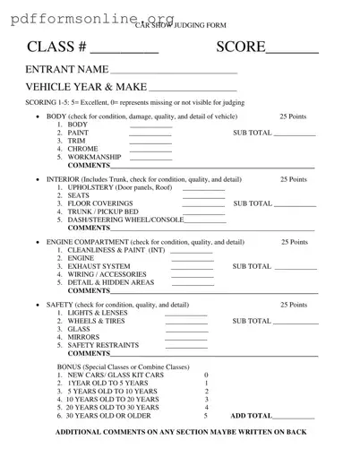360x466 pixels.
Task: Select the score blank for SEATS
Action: point(203,197)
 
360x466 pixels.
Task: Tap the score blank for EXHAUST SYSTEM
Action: point(192,268)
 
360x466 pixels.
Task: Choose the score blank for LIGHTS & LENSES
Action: point(185,315)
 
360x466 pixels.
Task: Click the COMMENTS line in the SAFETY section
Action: point(213,356)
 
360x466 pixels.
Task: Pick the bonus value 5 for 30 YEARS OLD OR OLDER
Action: point(206,416)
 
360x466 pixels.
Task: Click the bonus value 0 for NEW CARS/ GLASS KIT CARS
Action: point(206,375)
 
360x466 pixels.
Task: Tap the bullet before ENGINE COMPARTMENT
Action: point(35,243)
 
